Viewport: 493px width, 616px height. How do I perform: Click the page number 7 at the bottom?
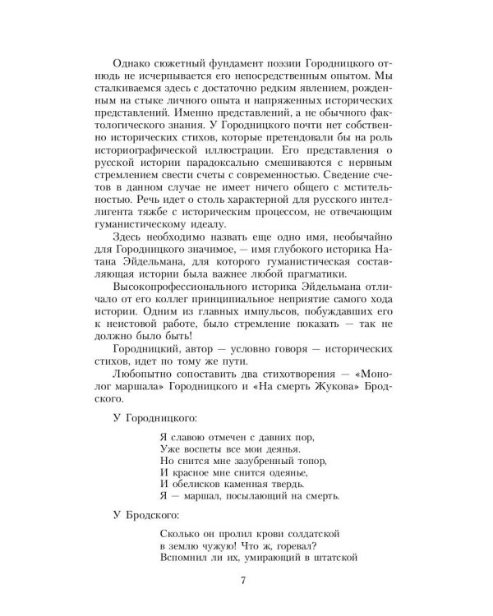(243, 582)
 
